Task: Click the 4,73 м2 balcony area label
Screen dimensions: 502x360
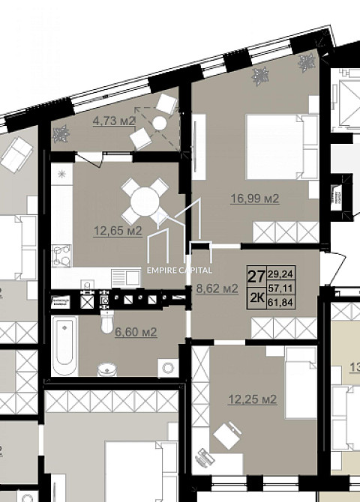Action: pos(113,121)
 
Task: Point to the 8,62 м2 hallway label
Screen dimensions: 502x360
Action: pos(217,287)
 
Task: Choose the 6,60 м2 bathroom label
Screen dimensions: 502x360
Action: pos(135,332)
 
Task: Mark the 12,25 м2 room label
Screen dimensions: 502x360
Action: pos(252,399)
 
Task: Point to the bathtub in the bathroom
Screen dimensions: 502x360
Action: pos(66,346)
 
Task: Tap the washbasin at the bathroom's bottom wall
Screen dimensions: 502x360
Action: pos(108,368)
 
